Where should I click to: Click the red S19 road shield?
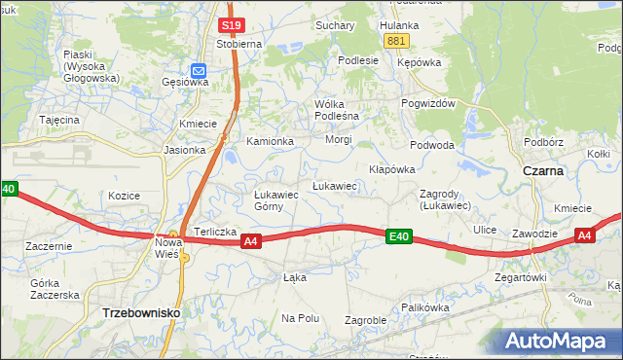click(x=231, y=25)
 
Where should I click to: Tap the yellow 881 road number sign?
click(x=396, y=41)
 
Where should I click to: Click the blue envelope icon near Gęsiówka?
click(x=199, y=70)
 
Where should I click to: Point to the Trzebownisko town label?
click(x=140, y=314)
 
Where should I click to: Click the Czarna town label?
click(x=543, y=170)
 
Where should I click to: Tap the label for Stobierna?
click(x=239, y=44)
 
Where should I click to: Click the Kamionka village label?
click(x=270, y=142)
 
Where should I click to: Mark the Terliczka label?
click(x=215, y=232)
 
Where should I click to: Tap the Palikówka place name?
click(x=425, y=306)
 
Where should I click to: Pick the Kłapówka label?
click(x=391, y=169)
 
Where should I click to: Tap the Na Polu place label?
click(x=301, y=318)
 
